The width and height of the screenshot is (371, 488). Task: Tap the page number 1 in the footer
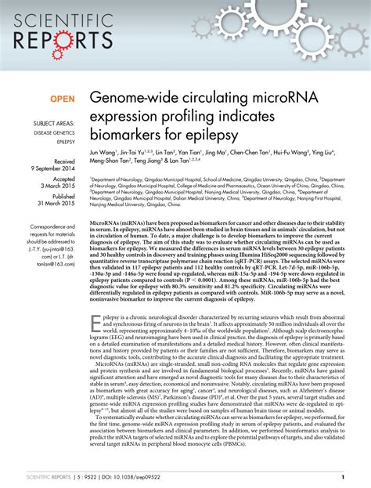click(x=344, y=477)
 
